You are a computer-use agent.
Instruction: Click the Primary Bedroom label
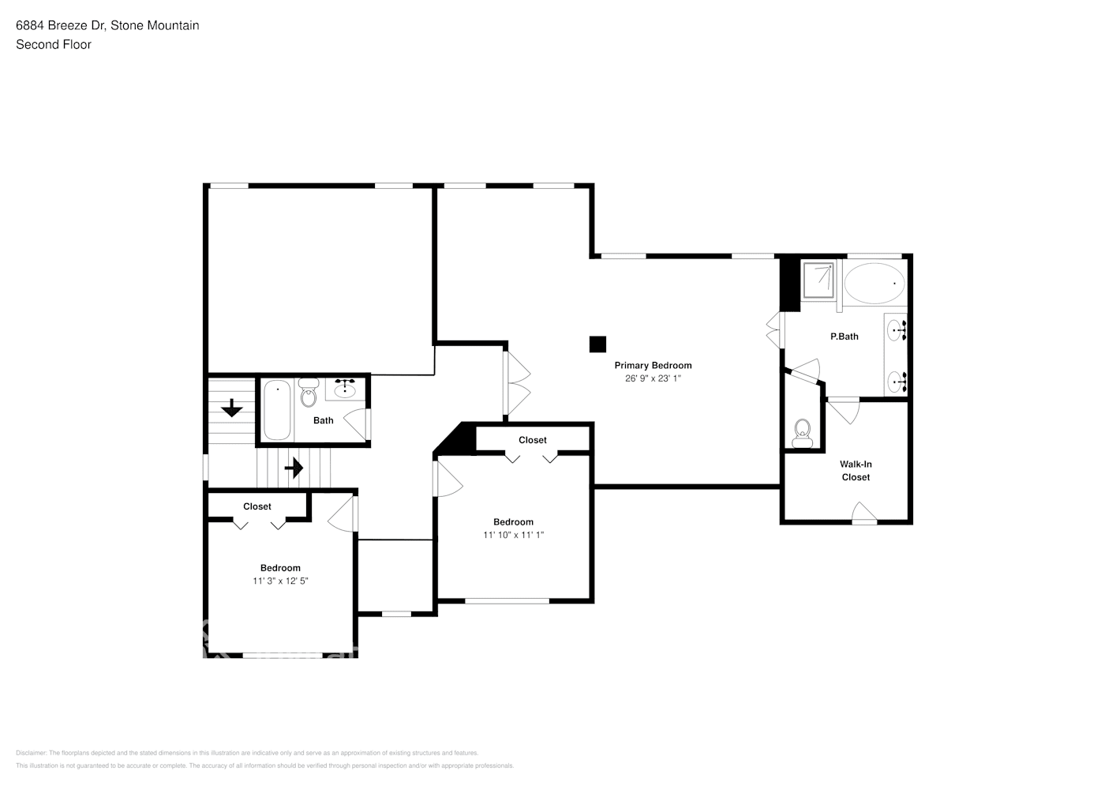[653, 365]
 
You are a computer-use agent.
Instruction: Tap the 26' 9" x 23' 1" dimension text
[653, 378]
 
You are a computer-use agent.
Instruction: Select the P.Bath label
[844, 337]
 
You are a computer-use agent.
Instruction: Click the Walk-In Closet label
[856, 471]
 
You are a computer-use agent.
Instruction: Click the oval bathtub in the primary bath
[874, 283]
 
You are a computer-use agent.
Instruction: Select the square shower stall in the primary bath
[818, 280]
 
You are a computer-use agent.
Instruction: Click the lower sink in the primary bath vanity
[895, 382]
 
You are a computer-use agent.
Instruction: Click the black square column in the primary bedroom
[597, 344]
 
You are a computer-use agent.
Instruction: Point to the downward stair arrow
[231, 408]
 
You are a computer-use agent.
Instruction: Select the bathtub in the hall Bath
[276, 410]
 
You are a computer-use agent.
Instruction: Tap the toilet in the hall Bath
[309, 393]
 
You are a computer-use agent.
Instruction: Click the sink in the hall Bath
[345, 389]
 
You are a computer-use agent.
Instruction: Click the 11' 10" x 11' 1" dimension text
[513, 535]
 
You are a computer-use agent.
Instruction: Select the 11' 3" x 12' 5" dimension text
[280, 581]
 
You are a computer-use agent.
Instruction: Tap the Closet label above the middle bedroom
[532, 440]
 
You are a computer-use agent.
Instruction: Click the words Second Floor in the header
[54, 44]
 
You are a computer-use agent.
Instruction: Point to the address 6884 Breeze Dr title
[107, 25]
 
